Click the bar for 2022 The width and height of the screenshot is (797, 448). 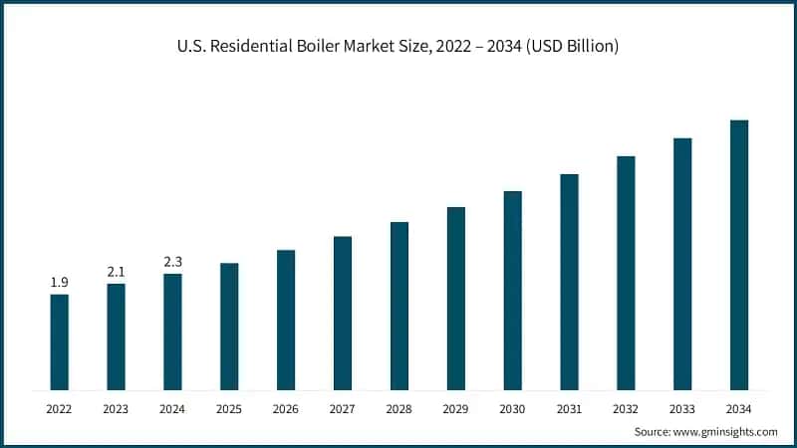pyautogui.click(x=60, y=341)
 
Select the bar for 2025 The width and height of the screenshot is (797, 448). pyautogui.click(x=229, y=326)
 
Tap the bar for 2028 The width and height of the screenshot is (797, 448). pyautogui.click(x=399, y=305)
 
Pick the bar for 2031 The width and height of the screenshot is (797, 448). pyautogui.click(x=569, y=281)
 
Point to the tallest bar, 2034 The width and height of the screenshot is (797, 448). pyautogui.click(x=739, y=254)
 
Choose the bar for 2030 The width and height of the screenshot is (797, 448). pyautogui.click(x=512, y=290)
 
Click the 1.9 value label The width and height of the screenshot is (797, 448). pyautogui.click(x=60, y=283)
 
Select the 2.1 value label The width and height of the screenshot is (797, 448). pyautogui.click(x=117, y=272)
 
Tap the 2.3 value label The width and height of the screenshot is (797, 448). pyautogui.click(x=172, y=262)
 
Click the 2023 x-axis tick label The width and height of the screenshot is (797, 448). pyautogui.click(x=117, y=408)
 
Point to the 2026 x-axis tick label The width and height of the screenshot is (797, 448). pyautogui.click(x=286, y=408)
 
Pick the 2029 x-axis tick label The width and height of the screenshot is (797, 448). pyautogui.click(x=456, y=408)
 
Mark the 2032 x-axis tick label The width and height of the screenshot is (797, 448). pyautogui.click(x=626, y=408)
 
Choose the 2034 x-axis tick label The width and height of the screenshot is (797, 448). pyautogui.click(x=739, y=408)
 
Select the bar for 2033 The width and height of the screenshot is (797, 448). pyautogui.click(x=682, y=263)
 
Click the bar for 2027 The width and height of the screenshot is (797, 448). pyautogui.click(x=343, y=312)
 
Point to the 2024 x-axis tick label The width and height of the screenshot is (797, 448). pyautogui.click(x=172, y=408)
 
